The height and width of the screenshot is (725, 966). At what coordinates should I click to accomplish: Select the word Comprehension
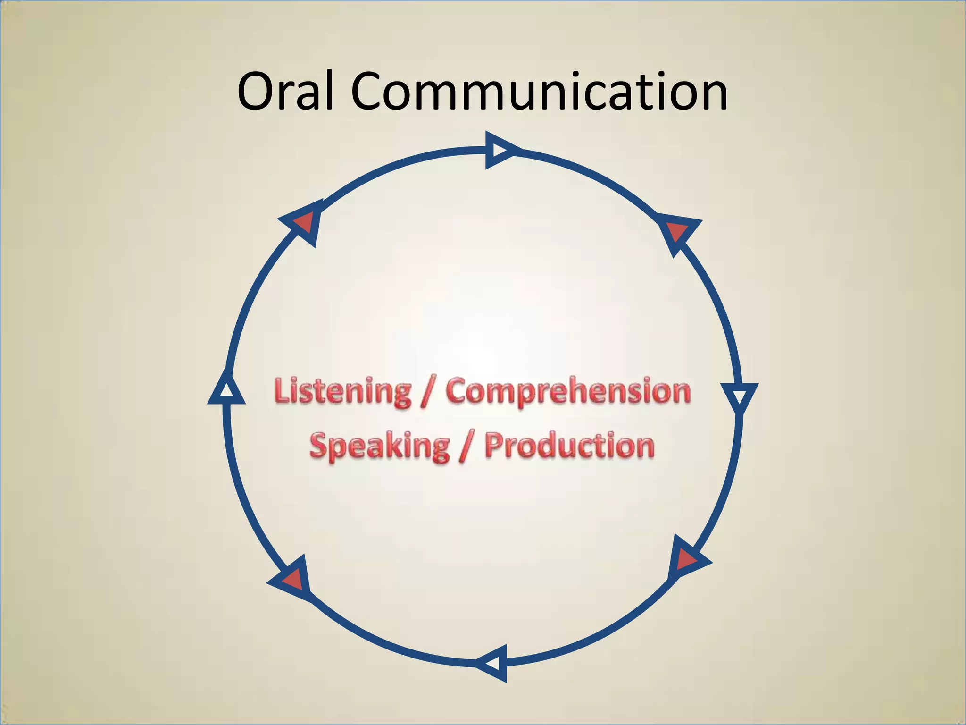click(x=568, y=392)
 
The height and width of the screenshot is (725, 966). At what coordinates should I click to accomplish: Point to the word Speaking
click(x=379, y=446)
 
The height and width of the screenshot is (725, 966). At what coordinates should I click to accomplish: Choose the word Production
click(x=570, y=446)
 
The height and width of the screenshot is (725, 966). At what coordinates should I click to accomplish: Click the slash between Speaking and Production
click(x=466, y=446)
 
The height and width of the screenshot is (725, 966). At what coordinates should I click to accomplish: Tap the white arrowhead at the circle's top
click(x=499, y=150)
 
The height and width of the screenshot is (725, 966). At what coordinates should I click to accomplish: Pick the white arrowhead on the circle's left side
click(x=227, y=391)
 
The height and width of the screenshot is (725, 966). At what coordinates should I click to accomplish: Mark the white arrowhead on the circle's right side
click(x=740, y=396)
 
